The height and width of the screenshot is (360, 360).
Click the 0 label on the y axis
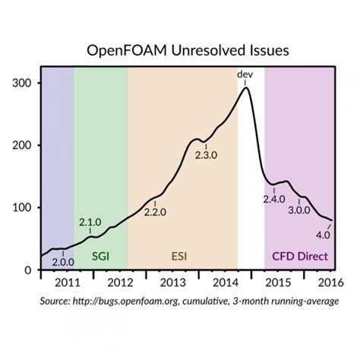[x=28, y=270]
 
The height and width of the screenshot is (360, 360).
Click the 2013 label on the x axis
[x=175, y=283]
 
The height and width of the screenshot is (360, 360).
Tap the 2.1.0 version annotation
[x=90, y=222]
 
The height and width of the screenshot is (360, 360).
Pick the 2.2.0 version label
[x=154, y=212]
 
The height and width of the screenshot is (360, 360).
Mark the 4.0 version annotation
[x=323, y=233]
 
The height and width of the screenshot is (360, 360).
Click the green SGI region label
[x=100, y=257]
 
